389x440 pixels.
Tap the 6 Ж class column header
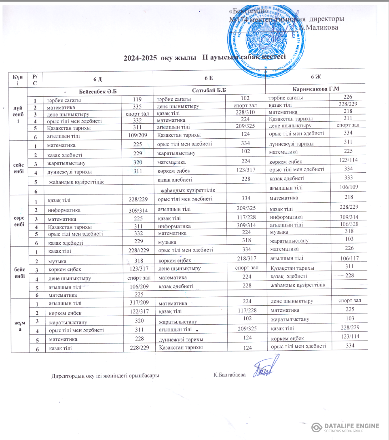[315, 76]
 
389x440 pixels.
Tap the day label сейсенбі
[18, 168]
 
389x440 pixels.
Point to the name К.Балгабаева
[229, 375]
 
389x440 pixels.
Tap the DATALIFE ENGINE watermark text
[351, 426]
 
